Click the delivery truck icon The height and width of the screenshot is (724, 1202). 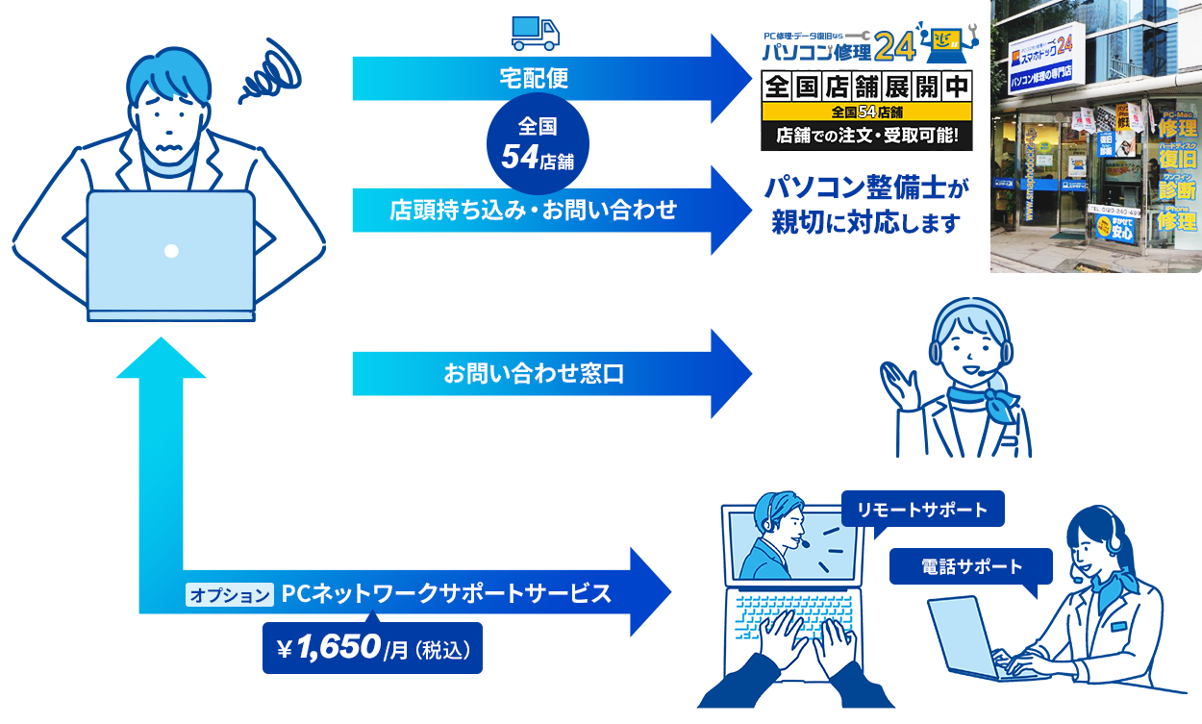click(x=535, y=33)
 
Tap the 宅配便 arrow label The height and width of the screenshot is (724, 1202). click(x=534, y=78)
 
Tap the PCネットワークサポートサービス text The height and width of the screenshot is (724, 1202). click(x=447, y=593)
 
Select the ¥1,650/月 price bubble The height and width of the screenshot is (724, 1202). click(x=372, y=649)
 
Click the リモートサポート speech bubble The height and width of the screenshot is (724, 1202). click(x=921, y=509)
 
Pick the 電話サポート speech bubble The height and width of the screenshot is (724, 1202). click(x=971, y=565)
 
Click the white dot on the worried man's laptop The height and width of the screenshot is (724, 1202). click(x=171, y=251)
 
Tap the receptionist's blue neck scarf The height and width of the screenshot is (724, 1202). click(x=981, y=401)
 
